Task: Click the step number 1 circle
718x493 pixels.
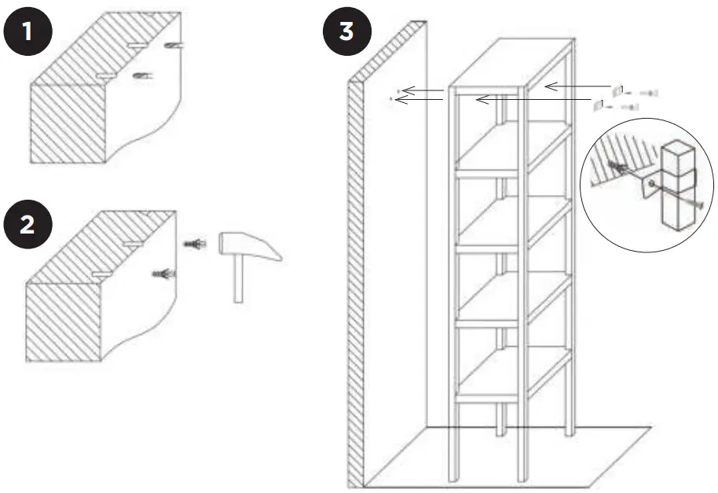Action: point(27,32)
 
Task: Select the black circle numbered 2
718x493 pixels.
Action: point(27,224)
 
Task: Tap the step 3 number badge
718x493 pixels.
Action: point(345,32)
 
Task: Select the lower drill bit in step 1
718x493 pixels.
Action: point(142,75)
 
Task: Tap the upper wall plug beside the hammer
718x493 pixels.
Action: point(193,245)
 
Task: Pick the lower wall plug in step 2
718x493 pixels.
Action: point(164,274)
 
